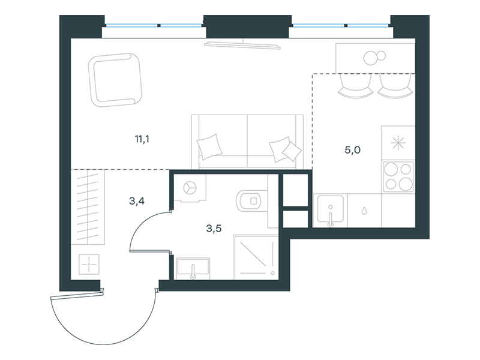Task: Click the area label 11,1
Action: click(142, 140)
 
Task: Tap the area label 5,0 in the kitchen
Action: click(353, 150)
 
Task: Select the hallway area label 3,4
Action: click(137, 201)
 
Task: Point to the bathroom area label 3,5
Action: click(214, 229)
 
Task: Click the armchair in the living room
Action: click(115, 80)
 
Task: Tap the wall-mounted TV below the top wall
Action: click(242, 44)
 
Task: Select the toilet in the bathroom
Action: click(249, 201)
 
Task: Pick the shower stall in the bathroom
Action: click(256, 257)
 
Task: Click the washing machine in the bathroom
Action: click(190, 188)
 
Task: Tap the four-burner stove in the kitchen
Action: click(398, 176)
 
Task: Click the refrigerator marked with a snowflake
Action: click(398, 143)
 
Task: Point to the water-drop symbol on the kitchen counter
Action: click(364, 211)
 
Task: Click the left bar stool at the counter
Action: click(355, 86)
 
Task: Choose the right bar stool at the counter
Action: click(395, 86)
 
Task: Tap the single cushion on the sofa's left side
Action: click(209, 146)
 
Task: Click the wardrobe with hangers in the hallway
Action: click(88, 207)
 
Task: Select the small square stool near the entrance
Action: click(89, 264)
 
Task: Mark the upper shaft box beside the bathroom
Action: click(295, 190)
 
